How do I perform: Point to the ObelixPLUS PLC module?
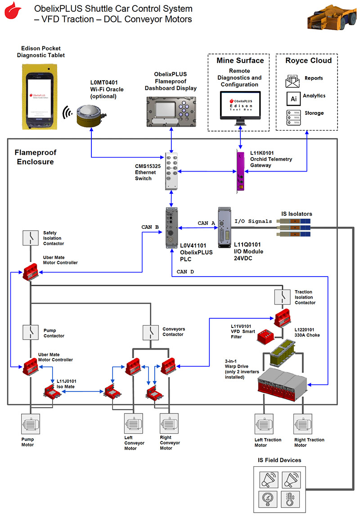[x=171, y=227]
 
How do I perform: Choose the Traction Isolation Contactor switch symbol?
[x=282, y=296]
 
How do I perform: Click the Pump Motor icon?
[x=31, y=424]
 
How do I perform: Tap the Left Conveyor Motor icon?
[x=134, y=424]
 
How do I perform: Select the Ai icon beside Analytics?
[x=293, y=98]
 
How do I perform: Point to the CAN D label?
[x=185, y=272]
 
